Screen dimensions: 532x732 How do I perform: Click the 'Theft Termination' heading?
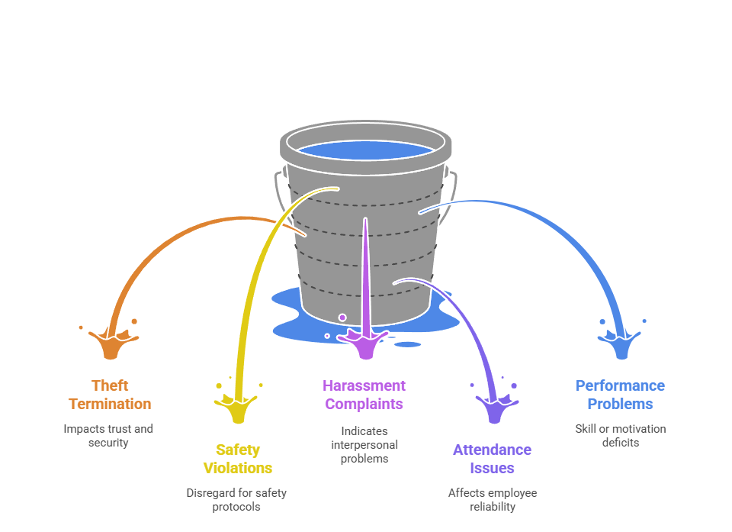click(x=110, y=395)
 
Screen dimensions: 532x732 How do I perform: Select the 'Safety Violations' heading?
click(x=237, y=459)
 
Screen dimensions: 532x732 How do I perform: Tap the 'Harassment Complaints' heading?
click(x=364, y=395)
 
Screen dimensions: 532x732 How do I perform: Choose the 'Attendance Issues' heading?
click(x=492, y=459)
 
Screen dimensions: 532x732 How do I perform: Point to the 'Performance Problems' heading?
click(x=620, y=395)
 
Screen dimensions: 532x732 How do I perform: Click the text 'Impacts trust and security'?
click(x=108, y=435)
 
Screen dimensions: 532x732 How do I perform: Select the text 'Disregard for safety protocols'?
click(x=236, y=499)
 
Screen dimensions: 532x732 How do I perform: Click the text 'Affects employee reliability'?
click(x=492, y=499)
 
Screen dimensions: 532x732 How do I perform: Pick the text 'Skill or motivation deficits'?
click(x=620, y=435)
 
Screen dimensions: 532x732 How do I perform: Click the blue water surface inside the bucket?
click(x=365, y=150)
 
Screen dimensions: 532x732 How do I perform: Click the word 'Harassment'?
click(x=364, y=385)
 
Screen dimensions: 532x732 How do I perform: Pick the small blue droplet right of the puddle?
click(x=408, y=344)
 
